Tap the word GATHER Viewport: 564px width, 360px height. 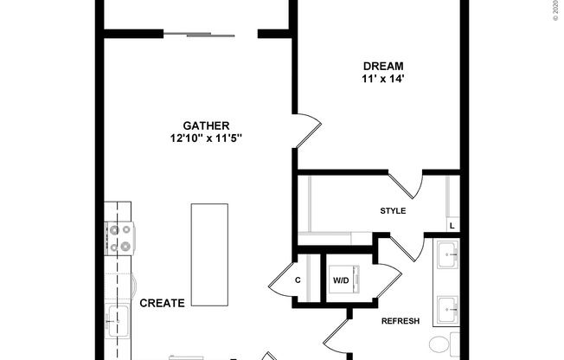[x=206, y=125]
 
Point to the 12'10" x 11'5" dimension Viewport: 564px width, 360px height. [x=206, y=138]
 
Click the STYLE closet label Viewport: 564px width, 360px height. [x=393, y=211]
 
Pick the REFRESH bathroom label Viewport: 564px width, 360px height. [x=400, y=321]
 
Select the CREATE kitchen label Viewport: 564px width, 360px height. [x=162, y=304]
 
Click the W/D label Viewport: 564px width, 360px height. [x=341, y=280]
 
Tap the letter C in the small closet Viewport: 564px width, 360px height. [x=298, y=280]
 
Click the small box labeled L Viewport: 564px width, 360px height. [x=452, y=227]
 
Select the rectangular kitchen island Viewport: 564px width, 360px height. [x=209, y=254]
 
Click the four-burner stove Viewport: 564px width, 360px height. [x=120, y=238]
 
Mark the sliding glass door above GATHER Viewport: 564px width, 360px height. [x=198, y=35]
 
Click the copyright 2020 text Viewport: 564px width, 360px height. [x=554, y=10]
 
